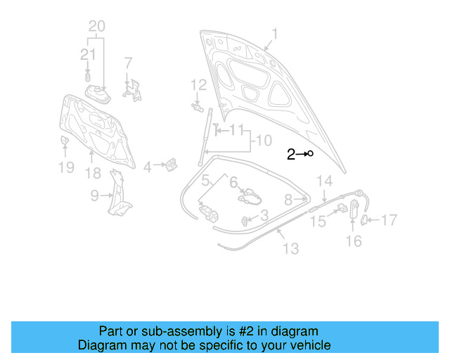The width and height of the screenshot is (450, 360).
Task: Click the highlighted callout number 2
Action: pos(290,154)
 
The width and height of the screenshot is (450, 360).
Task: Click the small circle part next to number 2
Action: pos(309,153)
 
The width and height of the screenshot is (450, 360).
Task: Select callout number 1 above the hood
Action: pos(275,34)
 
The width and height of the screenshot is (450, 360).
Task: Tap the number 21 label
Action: pos(88,55)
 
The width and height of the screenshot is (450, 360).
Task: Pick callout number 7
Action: pos(128,62)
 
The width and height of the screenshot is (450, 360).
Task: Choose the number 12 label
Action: pos(198,85)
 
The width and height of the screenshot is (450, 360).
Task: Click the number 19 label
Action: pos(65,167)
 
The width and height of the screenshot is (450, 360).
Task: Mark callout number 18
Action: pos(93,174)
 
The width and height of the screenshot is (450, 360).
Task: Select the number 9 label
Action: pos(95,197)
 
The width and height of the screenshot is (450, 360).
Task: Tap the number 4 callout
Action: pos(147,167)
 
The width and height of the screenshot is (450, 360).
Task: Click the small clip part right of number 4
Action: pos(169,165)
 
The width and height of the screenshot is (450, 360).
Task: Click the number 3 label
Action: pos(264,215)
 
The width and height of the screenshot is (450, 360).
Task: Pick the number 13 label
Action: pos(290,248)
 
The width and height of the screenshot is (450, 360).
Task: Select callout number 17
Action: pos(389,220)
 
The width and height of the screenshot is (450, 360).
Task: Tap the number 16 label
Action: pos(354,241)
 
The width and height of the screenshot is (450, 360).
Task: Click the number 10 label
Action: pos(263,141)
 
